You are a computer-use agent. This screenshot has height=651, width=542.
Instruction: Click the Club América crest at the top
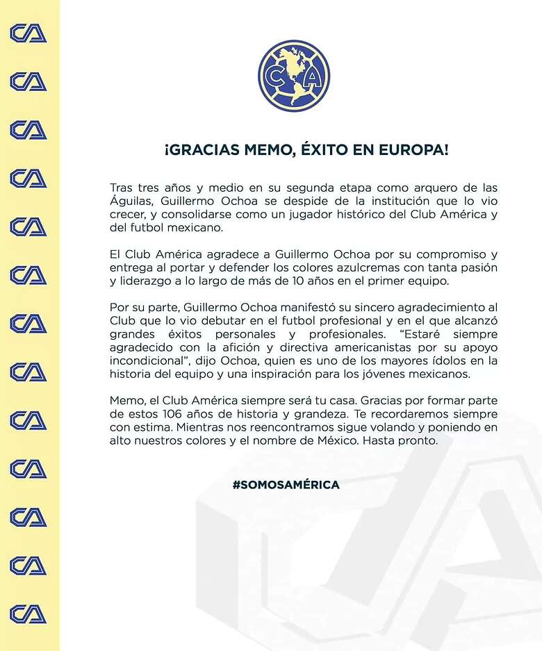pos(294,76)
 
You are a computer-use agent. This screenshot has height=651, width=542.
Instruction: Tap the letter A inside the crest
pos(312,76)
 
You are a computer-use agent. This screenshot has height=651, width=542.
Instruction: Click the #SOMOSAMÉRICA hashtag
pos(286,485)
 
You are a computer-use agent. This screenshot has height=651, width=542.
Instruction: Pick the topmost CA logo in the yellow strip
pos(28,33)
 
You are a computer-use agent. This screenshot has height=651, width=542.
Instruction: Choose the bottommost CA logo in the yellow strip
pos(28,614)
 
